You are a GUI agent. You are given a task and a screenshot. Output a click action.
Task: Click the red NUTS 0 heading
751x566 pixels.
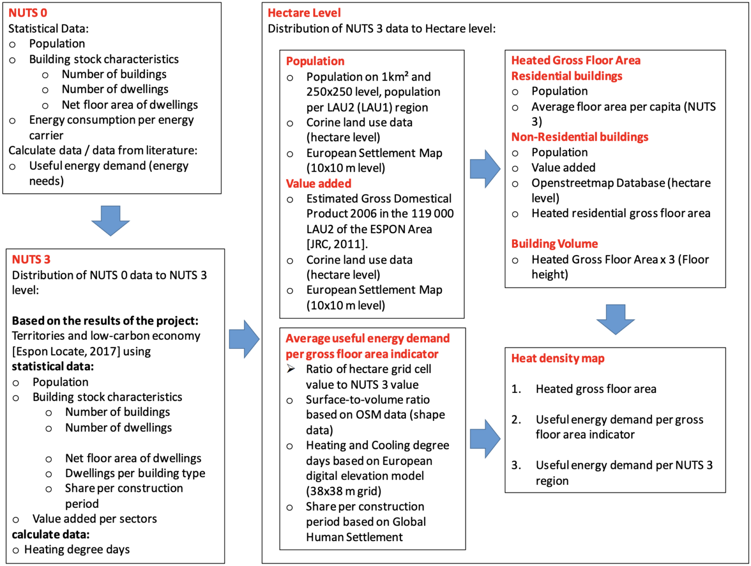click(x=28, y=13)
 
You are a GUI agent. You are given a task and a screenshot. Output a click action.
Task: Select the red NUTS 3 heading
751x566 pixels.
click(x=31, y=260)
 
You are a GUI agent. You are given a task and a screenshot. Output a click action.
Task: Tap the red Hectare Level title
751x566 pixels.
click(x=304, y=13)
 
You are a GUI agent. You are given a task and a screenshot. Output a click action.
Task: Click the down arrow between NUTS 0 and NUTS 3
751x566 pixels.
click(x=110, y=221)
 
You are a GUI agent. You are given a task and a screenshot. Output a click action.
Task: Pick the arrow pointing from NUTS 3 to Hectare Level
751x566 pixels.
click(x=244, y=339)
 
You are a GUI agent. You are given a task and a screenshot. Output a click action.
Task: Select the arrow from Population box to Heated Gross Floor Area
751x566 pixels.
click(x=485, y=169)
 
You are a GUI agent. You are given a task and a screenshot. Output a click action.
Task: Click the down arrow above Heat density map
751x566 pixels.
click(x=615, y=319)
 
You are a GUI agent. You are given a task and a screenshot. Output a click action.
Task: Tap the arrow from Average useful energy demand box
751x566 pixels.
click(x=485, y=438)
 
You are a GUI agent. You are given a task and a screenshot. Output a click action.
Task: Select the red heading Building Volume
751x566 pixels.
click(x=554, y=244)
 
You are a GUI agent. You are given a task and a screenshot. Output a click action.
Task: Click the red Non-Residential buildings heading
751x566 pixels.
click(x=579, y=137)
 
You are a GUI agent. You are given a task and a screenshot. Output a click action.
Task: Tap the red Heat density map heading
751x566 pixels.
click(x=558, y=358)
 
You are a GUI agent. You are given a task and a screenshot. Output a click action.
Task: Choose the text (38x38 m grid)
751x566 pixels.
click(x=343, y=491)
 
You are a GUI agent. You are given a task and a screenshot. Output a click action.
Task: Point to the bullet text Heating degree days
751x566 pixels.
click(x=77, y=550)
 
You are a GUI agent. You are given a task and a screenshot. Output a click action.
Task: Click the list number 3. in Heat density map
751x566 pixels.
click(x=516, y=465)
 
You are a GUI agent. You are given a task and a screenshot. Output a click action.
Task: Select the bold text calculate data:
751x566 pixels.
click(x=51, y=534)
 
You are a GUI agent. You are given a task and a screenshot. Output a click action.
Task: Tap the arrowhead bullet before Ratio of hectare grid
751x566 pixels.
click(x=291, y=369)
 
